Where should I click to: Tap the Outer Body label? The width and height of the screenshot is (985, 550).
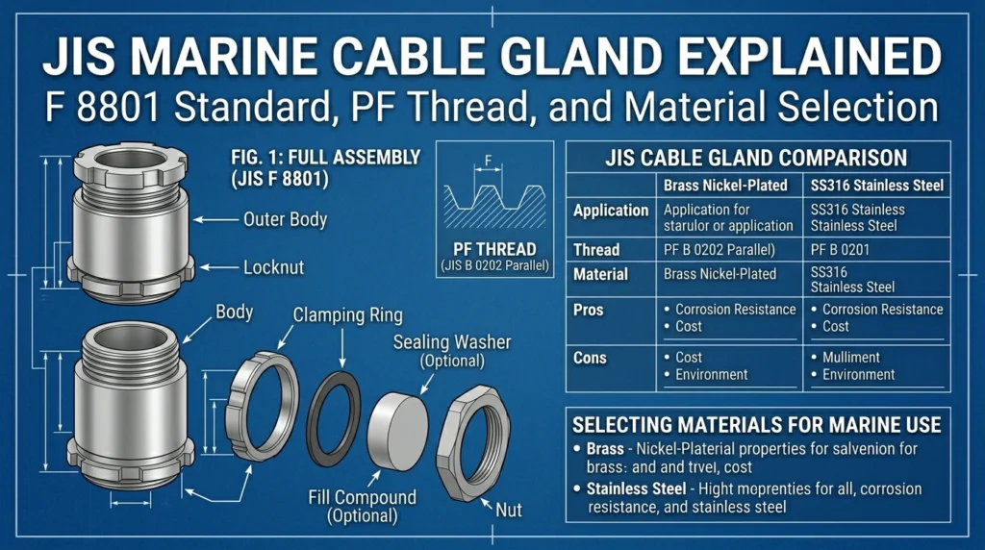[x=285, y=219]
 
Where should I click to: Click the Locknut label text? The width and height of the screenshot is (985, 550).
[x=273, y=267]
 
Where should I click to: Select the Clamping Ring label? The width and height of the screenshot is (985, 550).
[x=347, y=314]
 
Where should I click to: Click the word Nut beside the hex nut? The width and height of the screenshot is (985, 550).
[x=508, y=510]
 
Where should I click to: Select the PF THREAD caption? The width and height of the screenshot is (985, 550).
[x=495, y=249]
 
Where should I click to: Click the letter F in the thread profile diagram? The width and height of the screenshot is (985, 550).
[x=488, y=161]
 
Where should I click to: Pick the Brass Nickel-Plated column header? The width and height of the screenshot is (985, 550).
[x=725, y=186]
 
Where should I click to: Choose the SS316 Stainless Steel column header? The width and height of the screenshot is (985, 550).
[x=877, y=186]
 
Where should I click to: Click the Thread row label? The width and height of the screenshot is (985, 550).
[x=596, y=250]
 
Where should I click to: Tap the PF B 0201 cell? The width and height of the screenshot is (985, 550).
[x=840, y=250]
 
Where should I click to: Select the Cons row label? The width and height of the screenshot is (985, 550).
[x=590, y=358]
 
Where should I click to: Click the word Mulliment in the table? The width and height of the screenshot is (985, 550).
[x=851, y=358]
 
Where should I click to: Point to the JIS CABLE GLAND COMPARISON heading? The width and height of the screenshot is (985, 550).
[x=756, y=158]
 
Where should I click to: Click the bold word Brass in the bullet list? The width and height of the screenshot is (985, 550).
[x=605, y=449]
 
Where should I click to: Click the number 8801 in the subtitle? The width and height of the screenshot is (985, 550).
[x=118, y=108]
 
